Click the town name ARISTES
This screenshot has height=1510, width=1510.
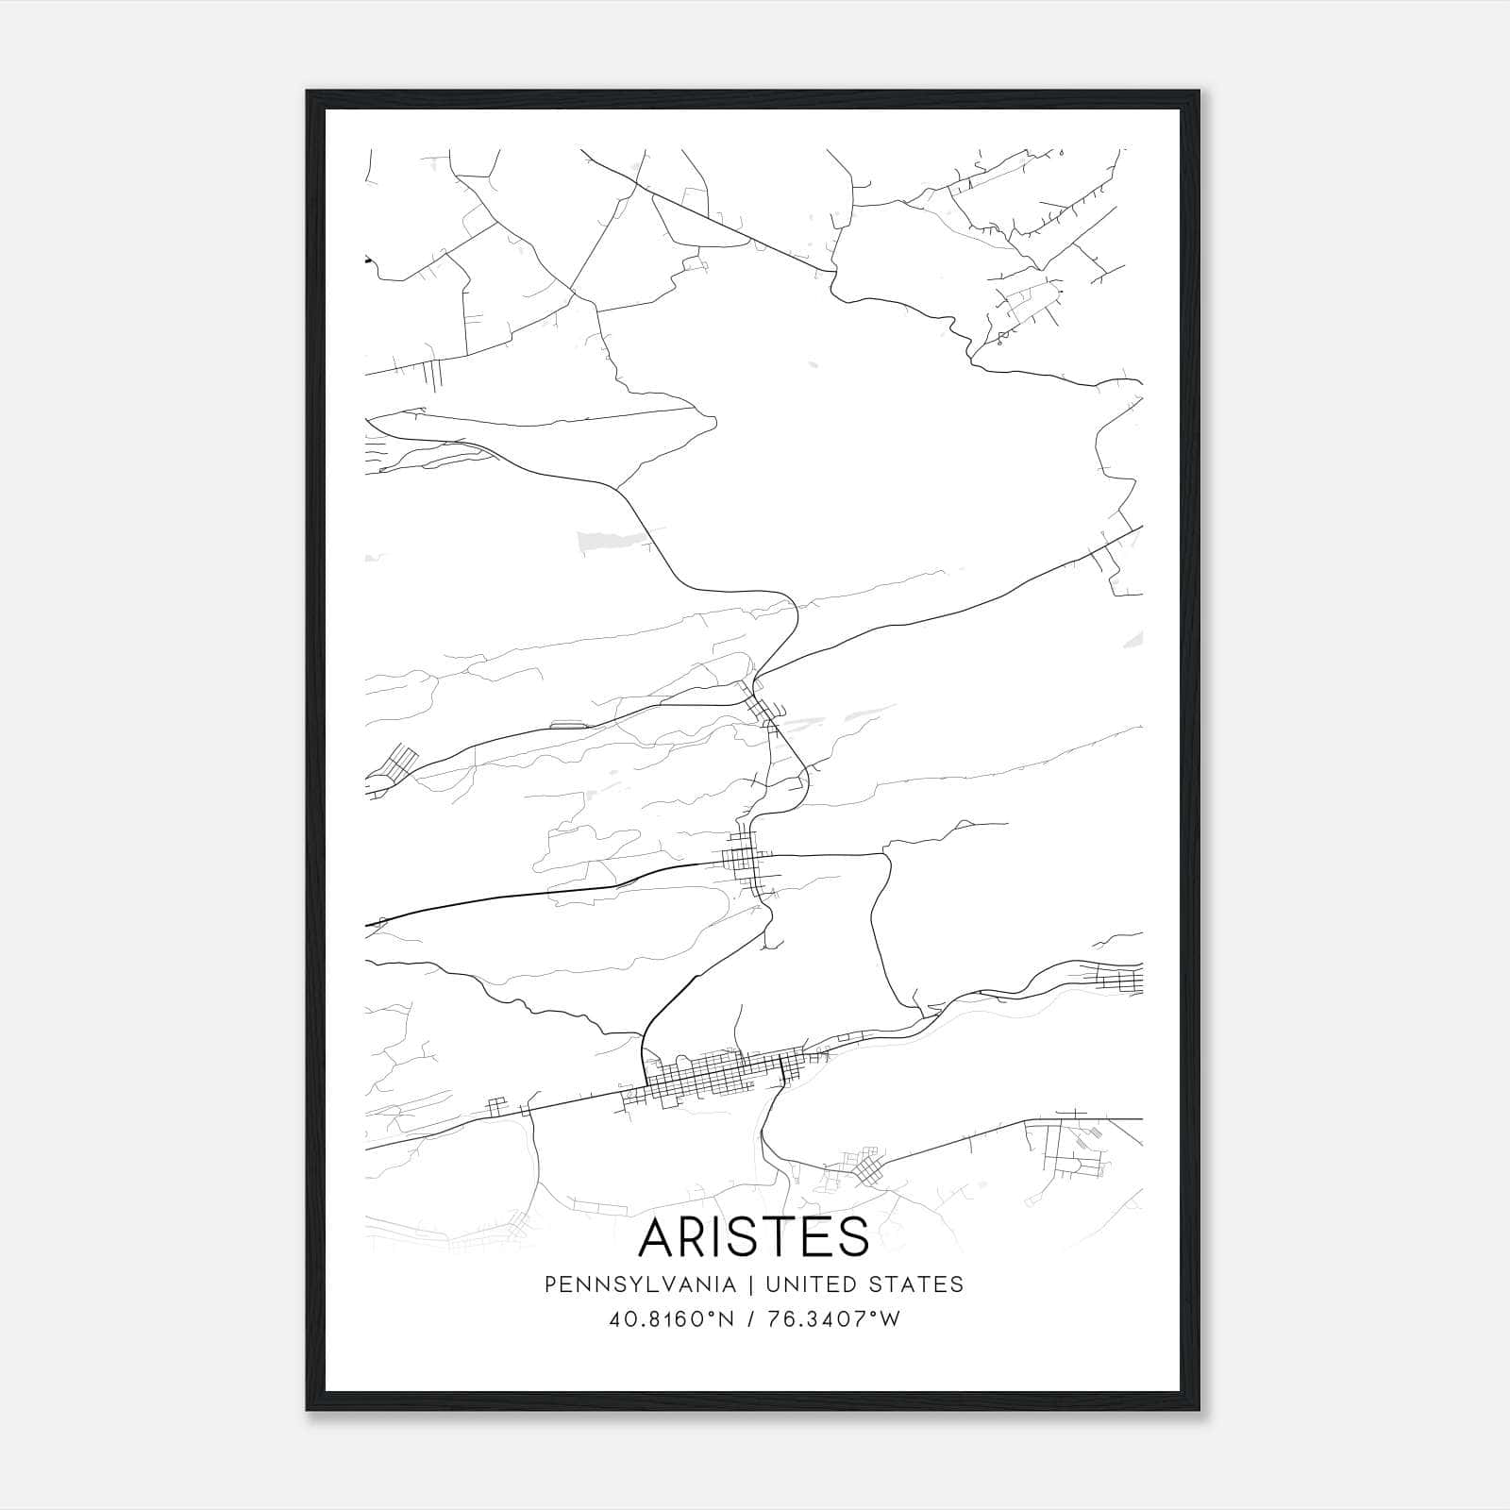[753, 1237]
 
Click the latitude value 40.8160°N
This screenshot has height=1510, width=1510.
[672, 1319]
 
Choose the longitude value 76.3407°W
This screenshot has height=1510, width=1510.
[835, 1319]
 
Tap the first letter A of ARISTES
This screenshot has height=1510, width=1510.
[657, 1237]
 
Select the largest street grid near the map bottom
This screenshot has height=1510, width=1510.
[717, 1076]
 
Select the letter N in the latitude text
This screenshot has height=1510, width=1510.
[727, 1319]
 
